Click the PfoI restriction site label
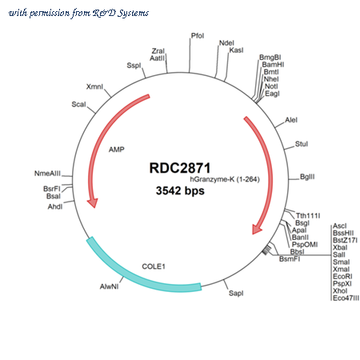198,36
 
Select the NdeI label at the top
226,43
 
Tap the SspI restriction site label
134,66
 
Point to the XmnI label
94,86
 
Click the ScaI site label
78,104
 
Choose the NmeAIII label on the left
47,174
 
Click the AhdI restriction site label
55,206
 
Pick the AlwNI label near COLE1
109,286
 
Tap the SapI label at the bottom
236,294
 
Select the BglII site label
307,177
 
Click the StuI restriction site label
302,144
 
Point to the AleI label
291,120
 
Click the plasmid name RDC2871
180,168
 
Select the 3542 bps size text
180,190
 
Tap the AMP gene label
117,150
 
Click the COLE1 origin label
154,266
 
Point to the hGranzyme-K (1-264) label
225,179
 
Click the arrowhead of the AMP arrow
93,202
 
